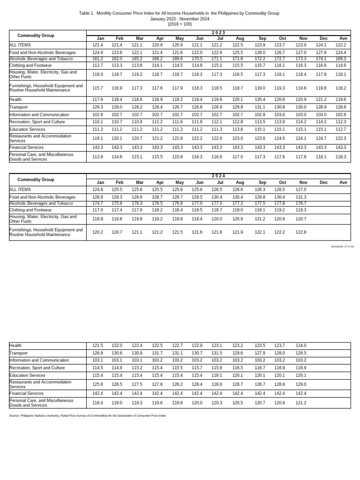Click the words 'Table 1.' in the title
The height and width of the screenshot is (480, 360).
pos(87,13)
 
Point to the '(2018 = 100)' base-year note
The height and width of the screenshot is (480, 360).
pos(180,24)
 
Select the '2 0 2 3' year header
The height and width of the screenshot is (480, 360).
pos(218,32)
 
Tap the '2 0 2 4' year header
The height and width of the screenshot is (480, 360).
pos(218,176)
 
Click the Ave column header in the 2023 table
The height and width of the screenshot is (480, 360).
pos(343,38)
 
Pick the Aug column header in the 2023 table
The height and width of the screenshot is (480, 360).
pos(240,38)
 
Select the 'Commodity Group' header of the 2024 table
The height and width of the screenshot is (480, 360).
pos(36,180)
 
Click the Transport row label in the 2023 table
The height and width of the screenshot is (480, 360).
pos(19,107)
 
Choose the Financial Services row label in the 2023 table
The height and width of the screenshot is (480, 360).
pos(26,147)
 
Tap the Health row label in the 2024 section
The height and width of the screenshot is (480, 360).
pos(15,345)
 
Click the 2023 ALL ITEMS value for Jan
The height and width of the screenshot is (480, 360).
pos(97,45)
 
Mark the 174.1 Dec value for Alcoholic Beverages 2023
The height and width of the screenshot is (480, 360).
pos(321,59)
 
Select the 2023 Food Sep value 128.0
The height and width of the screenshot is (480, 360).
pos(260,52)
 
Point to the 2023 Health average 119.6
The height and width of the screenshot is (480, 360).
pos(341,100)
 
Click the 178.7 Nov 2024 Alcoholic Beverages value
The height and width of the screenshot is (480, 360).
pos(300,203)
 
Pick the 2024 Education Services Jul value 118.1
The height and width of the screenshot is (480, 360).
pos(216,375)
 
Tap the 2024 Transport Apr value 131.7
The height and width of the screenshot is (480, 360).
pos(157,353)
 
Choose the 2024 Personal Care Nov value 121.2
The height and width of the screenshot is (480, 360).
pos(300,403)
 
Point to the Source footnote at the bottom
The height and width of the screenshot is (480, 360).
pos(88,415)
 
